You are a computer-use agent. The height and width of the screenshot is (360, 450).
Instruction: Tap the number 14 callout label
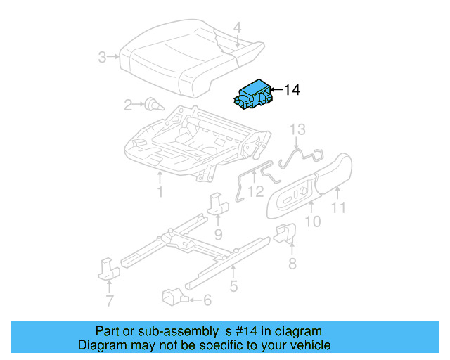[x=292, y=90]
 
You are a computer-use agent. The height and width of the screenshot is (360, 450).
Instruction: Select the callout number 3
[x=103, y=57]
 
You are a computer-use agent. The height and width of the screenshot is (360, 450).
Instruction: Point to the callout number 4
[x=237, y=27]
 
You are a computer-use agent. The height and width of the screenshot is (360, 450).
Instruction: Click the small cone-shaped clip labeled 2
[x=154, y=105]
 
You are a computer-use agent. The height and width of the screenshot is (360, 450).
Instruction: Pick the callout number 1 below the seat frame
[x=160, y=191]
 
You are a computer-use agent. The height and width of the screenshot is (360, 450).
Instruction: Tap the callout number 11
[x=339, y=207]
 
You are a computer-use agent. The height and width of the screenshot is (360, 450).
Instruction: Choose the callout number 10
[x=313, y=222]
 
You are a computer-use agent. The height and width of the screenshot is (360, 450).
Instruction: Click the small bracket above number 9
[x=217, y=205]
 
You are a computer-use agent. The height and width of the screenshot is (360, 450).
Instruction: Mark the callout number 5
[x=233, y=286]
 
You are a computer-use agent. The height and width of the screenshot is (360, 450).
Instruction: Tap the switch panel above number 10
[x=294, y=198]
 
